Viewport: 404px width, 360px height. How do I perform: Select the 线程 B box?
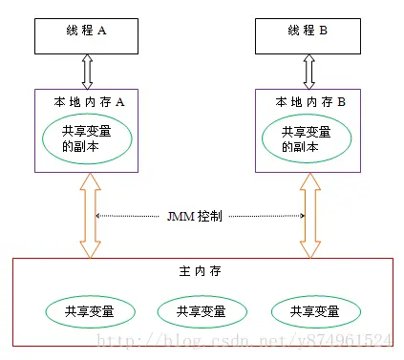tap(308, 32)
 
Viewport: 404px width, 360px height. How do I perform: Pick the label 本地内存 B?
tap(309, 101)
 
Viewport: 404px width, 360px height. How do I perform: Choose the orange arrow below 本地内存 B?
tap(308, 216)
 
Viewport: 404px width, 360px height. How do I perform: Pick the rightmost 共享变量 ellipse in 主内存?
tap(312, 311)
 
